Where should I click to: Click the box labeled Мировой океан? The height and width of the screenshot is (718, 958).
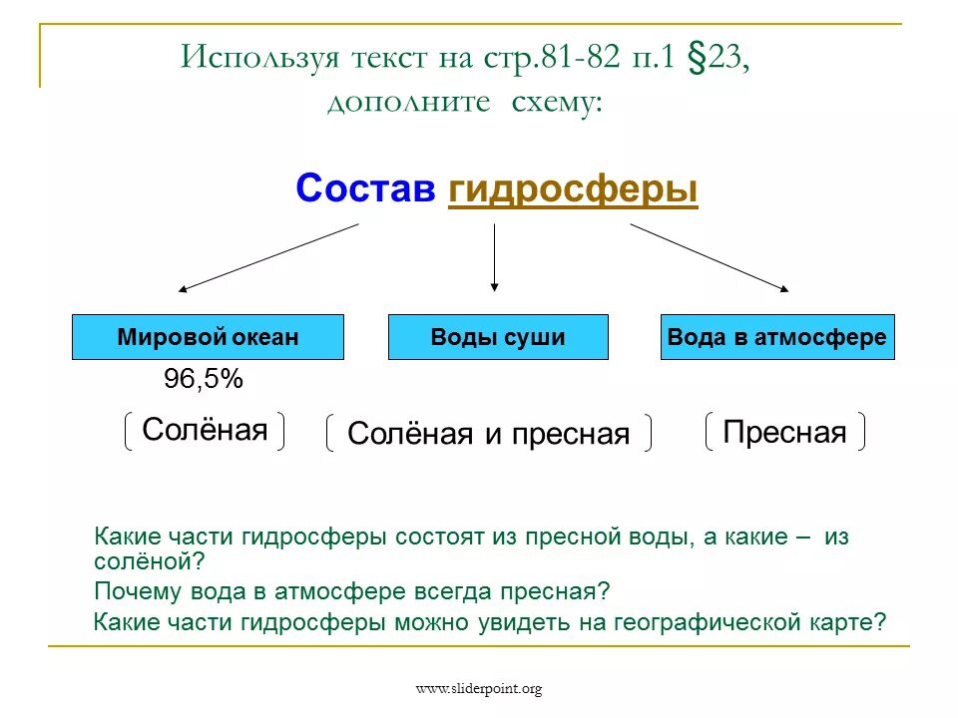[208, 337]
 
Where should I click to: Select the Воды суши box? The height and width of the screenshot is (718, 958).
[497, 337]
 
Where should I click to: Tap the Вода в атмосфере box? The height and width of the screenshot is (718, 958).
[776, 337]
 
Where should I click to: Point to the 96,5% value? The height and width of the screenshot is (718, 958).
[203, 380]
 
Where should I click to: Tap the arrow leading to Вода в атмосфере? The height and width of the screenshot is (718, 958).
[709, 257]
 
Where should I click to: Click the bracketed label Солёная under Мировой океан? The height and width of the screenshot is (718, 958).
[205, 430]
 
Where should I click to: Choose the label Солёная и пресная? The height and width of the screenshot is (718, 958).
[489, 434]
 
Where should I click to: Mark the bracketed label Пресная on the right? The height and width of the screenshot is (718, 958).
[784, 432]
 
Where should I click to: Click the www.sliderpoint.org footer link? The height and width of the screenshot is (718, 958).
[478, 688]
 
